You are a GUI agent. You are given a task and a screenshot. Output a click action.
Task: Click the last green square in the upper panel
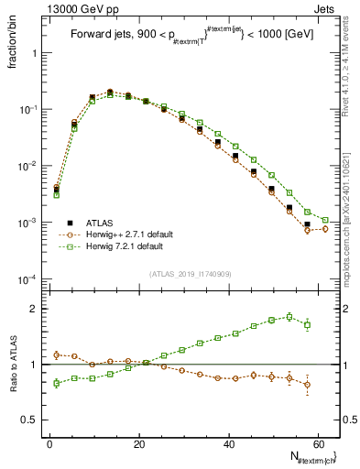325,220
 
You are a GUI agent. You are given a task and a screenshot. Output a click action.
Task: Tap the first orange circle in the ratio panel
56,354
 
